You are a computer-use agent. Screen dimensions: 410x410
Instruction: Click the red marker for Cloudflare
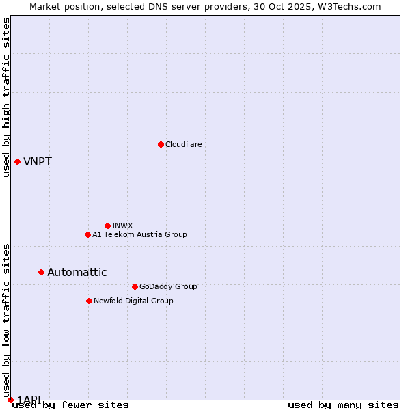[161, 144]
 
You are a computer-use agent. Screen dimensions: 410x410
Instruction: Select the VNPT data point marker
[17, 161]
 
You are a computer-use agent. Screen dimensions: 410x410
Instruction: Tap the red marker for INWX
[107, 225]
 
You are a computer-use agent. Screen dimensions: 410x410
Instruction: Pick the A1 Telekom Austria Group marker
[87, 234]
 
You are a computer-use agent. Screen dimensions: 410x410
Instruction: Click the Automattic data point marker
[41, 272]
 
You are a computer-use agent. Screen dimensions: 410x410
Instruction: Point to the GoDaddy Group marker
[135, 286]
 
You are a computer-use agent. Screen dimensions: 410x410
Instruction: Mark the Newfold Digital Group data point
[89, 301]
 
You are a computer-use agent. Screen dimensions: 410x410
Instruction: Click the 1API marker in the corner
[10, 399]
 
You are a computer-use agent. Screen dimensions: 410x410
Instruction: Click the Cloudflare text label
[184, 144]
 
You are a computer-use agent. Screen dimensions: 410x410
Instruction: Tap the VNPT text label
[38, 162]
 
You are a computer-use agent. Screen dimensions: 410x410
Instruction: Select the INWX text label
[122, 225]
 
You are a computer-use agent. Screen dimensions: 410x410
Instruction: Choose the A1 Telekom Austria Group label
[139, 234]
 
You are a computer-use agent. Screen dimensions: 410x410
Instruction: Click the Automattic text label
[77, 272]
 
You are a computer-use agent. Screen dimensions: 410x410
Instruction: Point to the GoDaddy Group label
[168, 286]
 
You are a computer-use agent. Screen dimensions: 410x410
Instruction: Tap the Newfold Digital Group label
[133, 301]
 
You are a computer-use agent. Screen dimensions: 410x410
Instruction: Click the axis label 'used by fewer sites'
[70, 405]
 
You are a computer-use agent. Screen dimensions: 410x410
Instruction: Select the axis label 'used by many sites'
[343, 405]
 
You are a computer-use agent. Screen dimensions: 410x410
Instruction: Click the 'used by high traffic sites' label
[6, 97]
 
